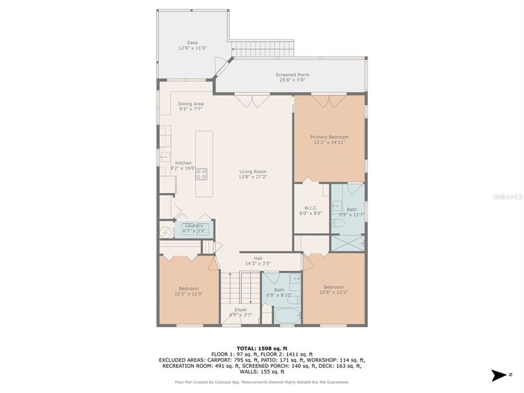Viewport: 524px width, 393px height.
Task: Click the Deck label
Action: (192, 42)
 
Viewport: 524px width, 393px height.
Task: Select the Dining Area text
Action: (190, 104)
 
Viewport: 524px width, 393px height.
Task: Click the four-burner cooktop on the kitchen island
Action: (201, 174)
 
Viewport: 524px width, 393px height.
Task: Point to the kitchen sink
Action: (164, 158)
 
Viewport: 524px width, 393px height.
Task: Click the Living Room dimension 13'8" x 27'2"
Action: (253, 177)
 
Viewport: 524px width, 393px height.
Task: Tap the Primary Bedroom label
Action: (329, 137)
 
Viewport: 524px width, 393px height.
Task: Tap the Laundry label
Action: (194, 225)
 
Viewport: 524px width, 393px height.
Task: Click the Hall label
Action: (258, 258)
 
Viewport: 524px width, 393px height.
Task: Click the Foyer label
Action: (241, 309)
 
